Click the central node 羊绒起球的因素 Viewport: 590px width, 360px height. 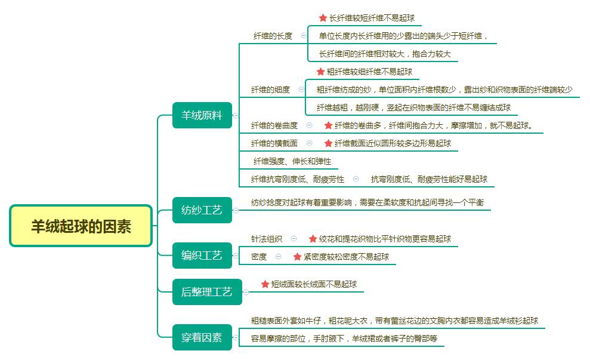point(81,226)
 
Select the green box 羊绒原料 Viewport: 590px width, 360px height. point(201,115)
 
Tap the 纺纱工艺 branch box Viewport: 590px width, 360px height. point(201,210)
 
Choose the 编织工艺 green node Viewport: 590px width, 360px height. point(201,256)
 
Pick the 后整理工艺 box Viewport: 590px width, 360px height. point(206,292)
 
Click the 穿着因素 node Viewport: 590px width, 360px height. point(201,337)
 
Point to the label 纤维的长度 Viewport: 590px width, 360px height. point(273,36)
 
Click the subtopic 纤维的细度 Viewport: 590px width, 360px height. point(270,90)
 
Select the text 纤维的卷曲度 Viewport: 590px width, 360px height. point(274,125)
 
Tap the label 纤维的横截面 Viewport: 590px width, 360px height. point(274,143)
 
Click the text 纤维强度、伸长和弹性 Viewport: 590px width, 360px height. point(292,161)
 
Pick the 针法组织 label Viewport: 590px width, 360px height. point(267,238)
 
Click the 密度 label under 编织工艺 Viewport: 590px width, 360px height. point(259,256)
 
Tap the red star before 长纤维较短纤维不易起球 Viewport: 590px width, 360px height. point(323,18)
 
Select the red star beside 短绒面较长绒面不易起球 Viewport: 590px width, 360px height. point(265,284)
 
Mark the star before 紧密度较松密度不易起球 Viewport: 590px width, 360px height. point(297,256)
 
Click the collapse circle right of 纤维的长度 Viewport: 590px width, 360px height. point(304,36)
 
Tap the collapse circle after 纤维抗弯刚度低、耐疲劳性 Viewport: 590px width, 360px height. point(356,179)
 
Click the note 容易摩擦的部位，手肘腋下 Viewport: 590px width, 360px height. point(344,339)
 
